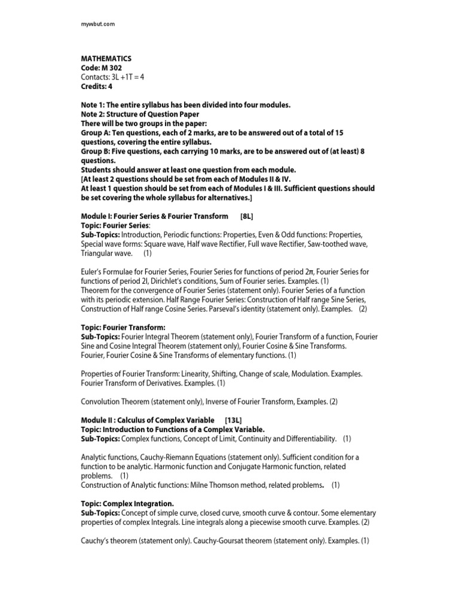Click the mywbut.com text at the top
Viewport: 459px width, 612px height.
[97, 23]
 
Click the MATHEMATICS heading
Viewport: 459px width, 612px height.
[106, 59]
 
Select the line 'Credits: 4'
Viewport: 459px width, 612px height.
[97, 86]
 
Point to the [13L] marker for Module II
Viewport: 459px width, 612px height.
[233, 420]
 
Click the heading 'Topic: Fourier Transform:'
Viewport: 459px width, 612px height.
[123, 328]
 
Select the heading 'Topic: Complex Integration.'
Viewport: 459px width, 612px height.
[127, 504]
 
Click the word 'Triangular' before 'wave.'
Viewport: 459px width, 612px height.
[99, 253]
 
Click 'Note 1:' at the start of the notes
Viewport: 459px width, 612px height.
[94, 105]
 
